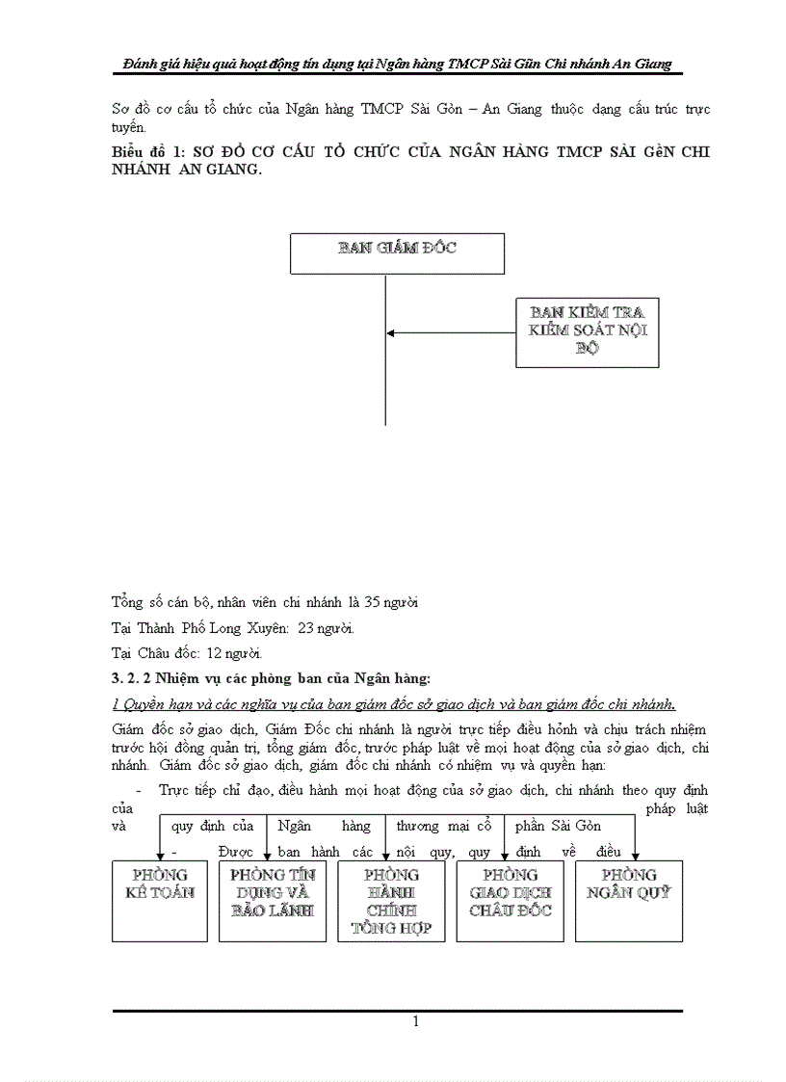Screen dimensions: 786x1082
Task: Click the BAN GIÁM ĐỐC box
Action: (397, 253)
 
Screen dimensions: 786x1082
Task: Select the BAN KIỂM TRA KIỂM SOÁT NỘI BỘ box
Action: (587, 331)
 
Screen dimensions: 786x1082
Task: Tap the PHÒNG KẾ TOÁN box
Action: (159, 900)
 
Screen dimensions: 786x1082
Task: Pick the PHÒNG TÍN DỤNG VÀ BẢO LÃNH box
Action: (273, 900)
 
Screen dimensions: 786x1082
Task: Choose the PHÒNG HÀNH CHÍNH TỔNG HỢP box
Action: (391, 900)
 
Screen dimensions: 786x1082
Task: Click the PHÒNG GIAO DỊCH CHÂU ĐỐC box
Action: (510, 900)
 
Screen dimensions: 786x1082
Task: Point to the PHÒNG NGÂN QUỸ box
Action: (628, 900)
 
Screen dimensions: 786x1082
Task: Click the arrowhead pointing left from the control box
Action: (391, 333)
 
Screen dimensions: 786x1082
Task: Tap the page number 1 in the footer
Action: (414, 1021)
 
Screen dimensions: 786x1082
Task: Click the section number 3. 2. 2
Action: (129, 676)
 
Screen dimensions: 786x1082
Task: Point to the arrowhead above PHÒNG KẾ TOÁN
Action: (160, 855)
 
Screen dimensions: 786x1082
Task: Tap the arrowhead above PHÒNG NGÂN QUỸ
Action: (636, 855)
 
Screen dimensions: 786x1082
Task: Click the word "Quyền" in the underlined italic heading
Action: (140, 701)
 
